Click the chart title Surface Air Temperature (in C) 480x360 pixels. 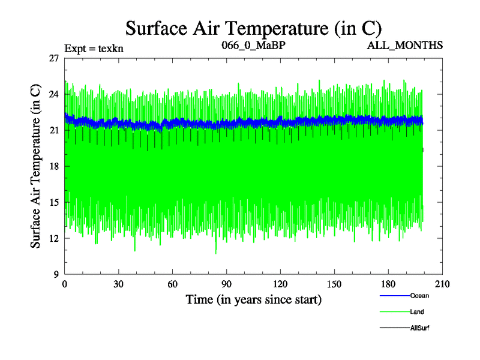[x=253, y=28]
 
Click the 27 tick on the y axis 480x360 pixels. [x=54, y=58]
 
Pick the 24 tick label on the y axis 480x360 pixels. [x=54, y=94]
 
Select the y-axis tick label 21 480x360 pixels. [x=54, y=130]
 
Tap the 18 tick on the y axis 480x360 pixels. [x=54, y=166]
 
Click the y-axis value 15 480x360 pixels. [x=54, y=202]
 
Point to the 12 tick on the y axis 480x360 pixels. [x=54, y=238]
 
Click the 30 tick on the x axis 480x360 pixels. [x=118, y=284]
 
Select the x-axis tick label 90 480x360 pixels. [x=226, y=284]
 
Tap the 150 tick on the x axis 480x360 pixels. [x=334, y=284]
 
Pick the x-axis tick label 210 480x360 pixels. [x=442, y=284]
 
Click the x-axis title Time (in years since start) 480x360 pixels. [x=253, y=299]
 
